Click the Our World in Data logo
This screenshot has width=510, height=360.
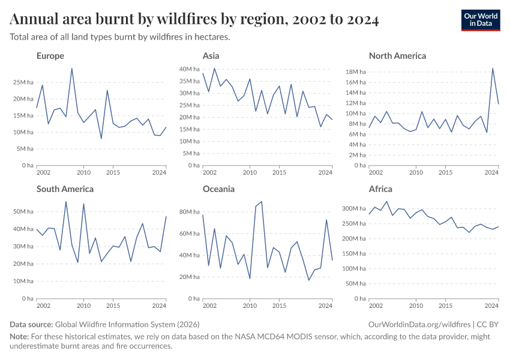click(x=480, y=20)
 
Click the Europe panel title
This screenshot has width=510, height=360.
click(x=50, y=56)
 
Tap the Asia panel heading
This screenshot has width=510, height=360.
click(x=211, y=56)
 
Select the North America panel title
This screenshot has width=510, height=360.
click(x=397, y=56)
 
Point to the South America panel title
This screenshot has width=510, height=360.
click(x=65, y=189)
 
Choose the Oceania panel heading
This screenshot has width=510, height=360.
click(x=218, y=189)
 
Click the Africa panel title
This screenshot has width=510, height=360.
click(x=380, y=189)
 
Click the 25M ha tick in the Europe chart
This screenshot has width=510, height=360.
click(x=23, y=82)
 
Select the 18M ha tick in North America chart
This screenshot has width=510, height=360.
click(x=356, y=71)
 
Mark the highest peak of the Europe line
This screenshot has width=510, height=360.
click(x=72, y=68)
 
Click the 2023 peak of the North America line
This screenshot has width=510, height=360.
click(x=493, y=68)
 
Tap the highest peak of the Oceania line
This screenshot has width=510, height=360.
click(x=262, y=202)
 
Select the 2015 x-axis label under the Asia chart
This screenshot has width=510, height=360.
click(x=279, y=173)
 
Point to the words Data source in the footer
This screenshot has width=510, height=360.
click(x=32, y=324)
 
